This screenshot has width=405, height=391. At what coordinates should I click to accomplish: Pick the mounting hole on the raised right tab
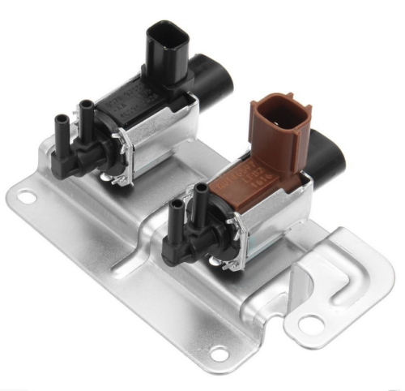[x=307, y=323]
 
